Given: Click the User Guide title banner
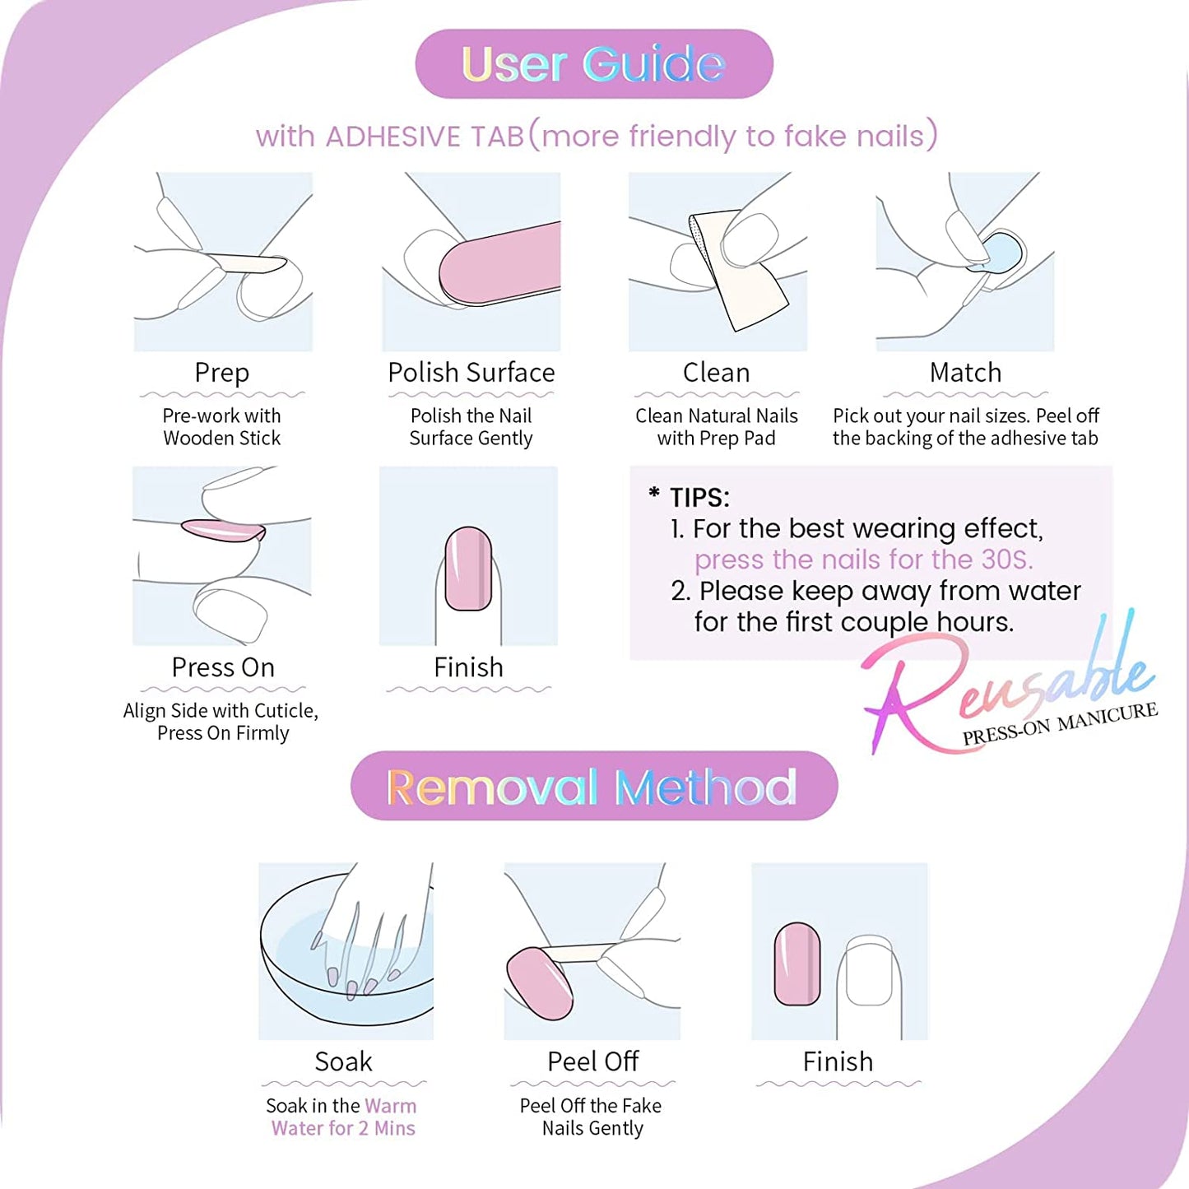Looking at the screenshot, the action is point(593,63).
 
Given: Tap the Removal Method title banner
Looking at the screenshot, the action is point(593,786).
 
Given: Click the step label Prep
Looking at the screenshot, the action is point(222,373).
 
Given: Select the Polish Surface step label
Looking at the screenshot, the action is point(471,373).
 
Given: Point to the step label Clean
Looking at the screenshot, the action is point(717,373).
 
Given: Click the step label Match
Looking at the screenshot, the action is point(966,373).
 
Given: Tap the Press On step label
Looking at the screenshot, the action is point(223,667).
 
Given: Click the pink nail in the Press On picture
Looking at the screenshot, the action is point(223,530).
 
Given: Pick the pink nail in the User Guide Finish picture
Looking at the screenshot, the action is point(468,569).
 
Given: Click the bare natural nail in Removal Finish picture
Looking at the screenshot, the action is point(869,971).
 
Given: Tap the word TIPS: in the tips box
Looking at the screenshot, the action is point(699,498).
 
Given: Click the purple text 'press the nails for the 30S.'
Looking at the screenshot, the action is point(864,560).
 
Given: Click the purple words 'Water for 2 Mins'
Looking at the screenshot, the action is point(343,1128).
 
